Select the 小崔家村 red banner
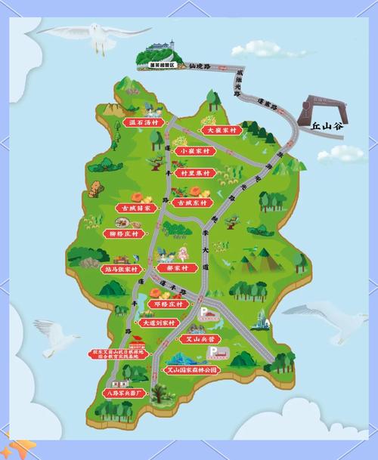click(x=194, y=150)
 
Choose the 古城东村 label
click(x=189, y=202)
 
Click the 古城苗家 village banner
click(x=135, y=207)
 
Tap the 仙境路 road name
click(x=203, y=66)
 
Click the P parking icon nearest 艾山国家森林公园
click(x=212, y=352)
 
